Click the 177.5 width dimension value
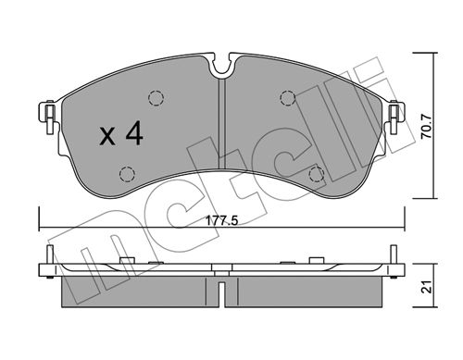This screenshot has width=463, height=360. click(x=222, y=221)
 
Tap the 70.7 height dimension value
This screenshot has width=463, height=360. click(x=427, y=126)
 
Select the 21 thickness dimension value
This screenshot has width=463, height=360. click(x=427, y=287)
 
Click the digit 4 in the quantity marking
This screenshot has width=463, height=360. click(x=134, y=133)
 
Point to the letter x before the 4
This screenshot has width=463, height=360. click(x=107, y=137)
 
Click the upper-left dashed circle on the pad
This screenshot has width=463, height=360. click(x=156, y=98)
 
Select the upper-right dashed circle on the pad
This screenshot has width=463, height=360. click(x=288, y=98)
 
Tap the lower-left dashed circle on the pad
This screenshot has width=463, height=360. click(x=127, y=174)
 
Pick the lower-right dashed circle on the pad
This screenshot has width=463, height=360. click(x=317, y=174)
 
